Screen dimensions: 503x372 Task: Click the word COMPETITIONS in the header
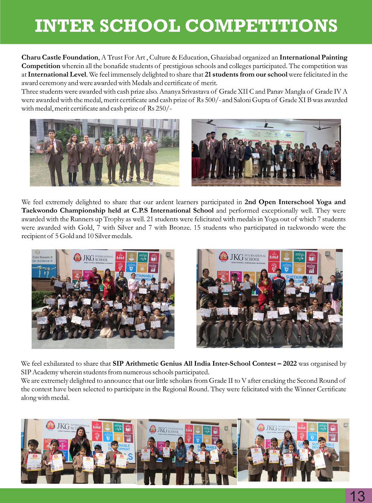261,26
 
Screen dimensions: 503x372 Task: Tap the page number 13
357,496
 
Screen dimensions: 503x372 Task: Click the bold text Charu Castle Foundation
60,57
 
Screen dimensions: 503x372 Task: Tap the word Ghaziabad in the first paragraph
225,57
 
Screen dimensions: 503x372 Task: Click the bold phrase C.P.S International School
173,211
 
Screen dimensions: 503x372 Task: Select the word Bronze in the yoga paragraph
180,228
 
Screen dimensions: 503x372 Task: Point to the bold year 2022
289,363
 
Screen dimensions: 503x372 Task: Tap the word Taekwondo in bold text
41,211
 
